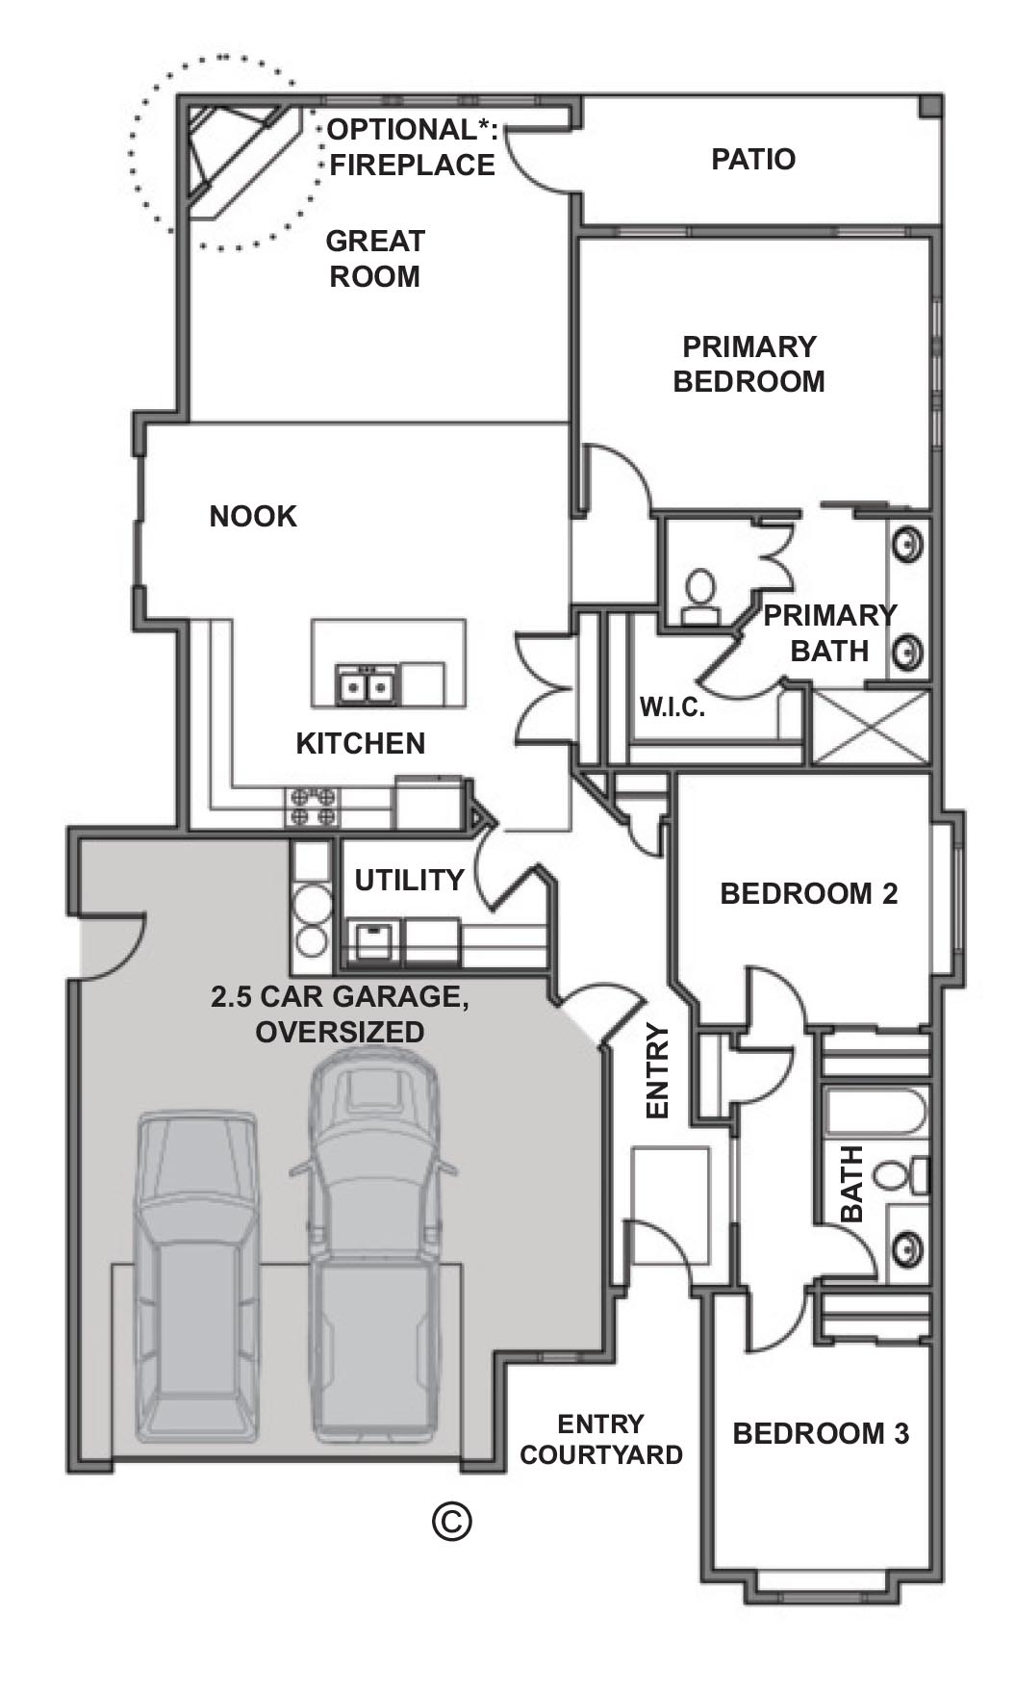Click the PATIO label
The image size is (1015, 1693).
click(753, 159)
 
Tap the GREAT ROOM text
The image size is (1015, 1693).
click(375, 259)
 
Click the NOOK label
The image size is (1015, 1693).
click(253, 517)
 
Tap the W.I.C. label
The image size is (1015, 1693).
click(672, 708)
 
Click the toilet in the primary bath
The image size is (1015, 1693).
click(699, 593)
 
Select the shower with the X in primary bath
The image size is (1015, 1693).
click(872, 727)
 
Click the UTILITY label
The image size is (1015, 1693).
click(409, 880)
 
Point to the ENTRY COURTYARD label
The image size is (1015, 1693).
click(600, 1439)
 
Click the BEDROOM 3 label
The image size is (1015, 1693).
click(821, 1434)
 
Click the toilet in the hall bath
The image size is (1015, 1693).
click(899, 1175)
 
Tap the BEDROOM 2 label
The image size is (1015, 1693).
click(808, 893)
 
